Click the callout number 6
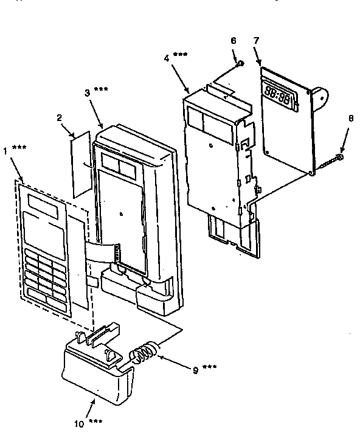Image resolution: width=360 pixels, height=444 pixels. [232, 41]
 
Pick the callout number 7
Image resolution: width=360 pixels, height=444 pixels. [256, 41]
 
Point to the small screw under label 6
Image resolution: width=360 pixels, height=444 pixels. [240, 63]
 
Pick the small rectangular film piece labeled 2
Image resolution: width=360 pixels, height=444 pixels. [81, 165]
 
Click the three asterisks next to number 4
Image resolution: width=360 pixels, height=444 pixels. [181, 55]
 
